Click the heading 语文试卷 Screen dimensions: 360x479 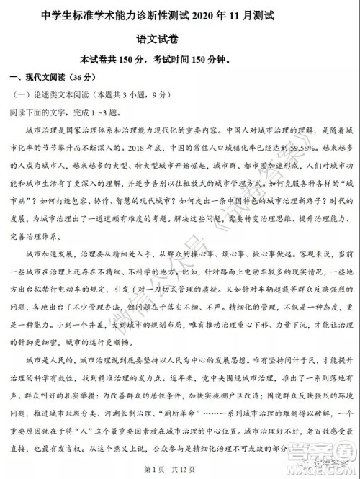[180, 37]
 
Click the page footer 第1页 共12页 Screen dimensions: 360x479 [180, 469]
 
